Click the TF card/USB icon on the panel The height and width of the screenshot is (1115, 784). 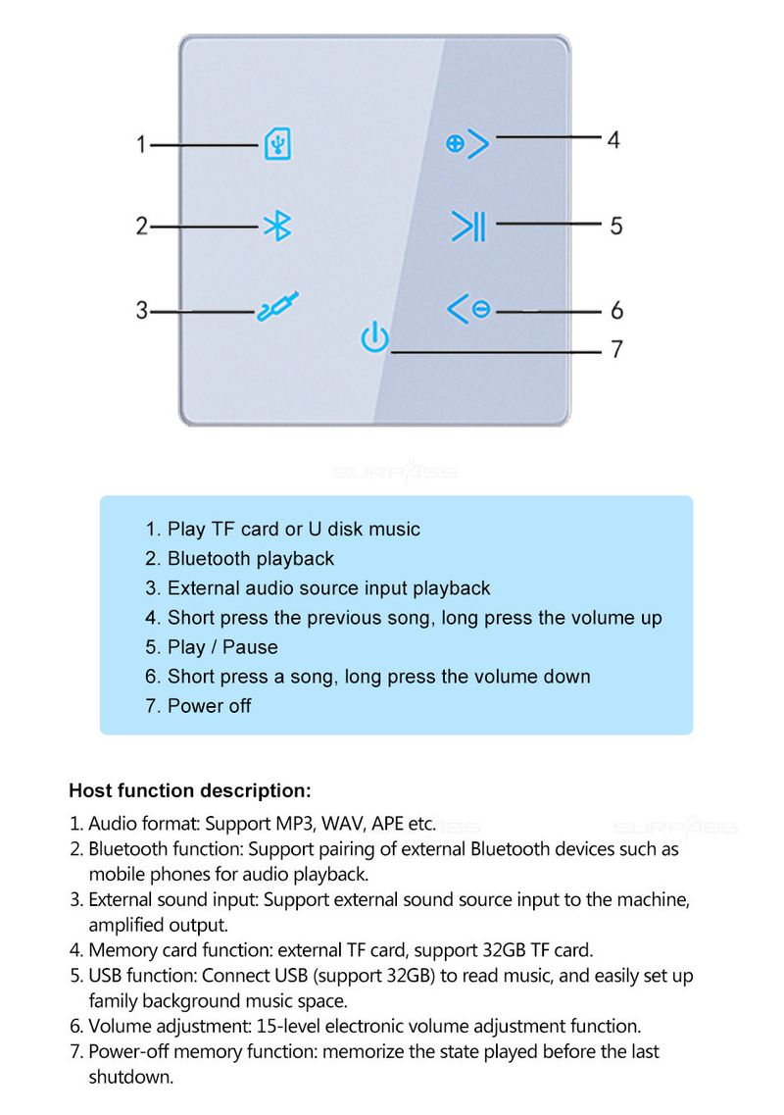pyautogui.click(x=278, y=145)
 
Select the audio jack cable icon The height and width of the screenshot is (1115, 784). pyautogui.click(x=278, y=308)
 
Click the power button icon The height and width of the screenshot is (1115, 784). pyautogui.click(x=374, y=337)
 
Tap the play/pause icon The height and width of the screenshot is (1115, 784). pyautogui.click(x=467, y=227)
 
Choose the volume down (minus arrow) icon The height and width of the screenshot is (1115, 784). pyautogui.click(x=468, y=309)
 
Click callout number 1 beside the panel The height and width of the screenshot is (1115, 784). pyautogui.click(x=141, y=145)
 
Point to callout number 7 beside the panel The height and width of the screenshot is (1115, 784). pyautogui.click(x=616, y=349)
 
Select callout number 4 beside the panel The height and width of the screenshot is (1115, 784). pyautogui.click(x=613, y=140)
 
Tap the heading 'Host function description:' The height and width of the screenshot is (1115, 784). pyautogui.click(x=190, y=790)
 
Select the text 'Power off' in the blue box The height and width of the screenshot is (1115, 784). pyautogui.click(x=209, y=706)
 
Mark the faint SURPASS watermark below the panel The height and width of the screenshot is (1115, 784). pyautogui.click(x=394, y=472)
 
